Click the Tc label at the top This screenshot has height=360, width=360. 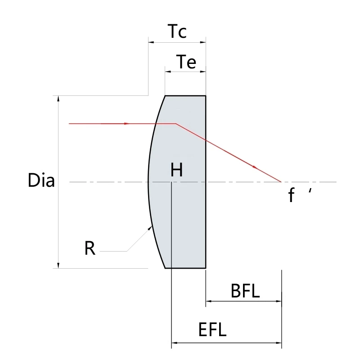[x=177, y=31]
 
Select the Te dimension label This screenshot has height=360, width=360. [x=186, y=62]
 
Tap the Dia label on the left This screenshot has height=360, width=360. [x=41, y=181]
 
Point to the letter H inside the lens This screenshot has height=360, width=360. [x=177, y=170]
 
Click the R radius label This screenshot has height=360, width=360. [x=90, y=248]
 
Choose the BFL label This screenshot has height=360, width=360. [x=245, y=292]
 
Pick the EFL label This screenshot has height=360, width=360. [x=212, y=331]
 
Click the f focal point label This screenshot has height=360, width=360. [x=292, y=196]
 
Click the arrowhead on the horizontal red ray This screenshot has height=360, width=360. [x=127, y=123]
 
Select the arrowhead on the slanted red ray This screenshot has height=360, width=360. [x=256, y=167]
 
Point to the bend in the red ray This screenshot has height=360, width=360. [x=176, y=123]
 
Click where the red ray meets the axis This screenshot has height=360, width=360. [x=281, y=182]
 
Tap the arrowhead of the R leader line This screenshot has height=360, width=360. [x=150, y=228]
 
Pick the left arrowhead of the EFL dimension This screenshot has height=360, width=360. [x=175, y=343]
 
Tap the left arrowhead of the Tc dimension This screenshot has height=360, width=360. [x=151, y=42]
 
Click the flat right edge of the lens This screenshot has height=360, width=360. [x=206, y=216]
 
